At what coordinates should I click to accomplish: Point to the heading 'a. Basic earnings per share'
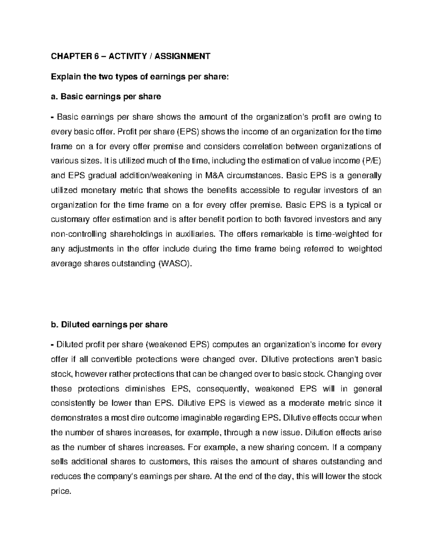pos(106,97)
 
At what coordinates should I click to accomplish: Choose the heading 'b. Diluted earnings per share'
pos(109,325)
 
